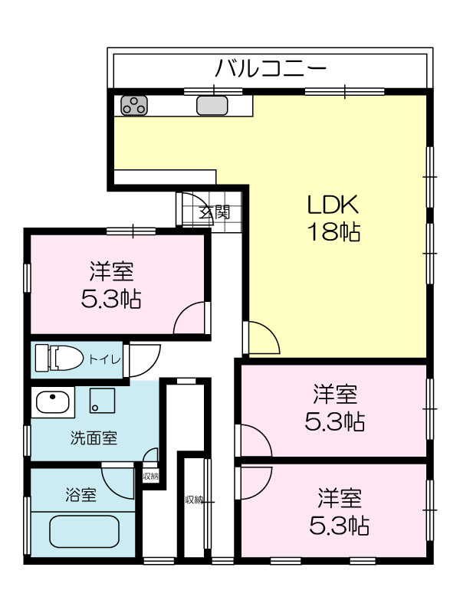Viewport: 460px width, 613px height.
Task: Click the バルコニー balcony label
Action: click(271, 69)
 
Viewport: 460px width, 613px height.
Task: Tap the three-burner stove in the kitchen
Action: click(133, 105)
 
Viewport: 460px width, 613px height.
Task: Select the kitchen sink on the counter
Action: click(212, 106)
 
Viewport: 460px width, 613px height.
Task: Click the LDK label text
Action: click(333, 205)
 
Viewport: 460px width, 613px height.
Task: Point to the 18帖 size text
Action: click(334, 232)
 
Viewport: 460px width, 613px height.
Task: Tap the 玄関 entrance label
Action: click(215, 213)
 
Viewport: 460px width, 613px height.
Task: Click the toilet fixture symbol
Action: click(60, 357)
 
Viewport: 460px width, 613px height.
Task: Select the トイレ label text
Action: click(104, 359)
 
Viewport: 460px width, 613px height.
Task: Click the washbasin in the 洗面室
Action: click(53, 402)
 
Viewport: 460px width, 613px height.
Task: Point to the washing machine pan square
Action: click(102, 400)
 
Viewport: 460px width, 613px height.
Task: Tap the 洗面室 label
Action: click(94, 438)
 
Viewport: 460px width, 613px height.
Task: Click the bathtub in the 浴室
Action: click(84, 532)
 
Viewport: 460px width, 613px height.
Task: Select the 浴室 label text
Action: click(80, 495)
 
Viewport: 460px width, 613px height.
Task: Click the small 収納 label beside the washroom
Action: click(150, 476)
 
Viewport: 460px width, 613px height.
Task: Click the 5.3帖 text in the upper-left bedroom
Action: click(111, 299)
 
